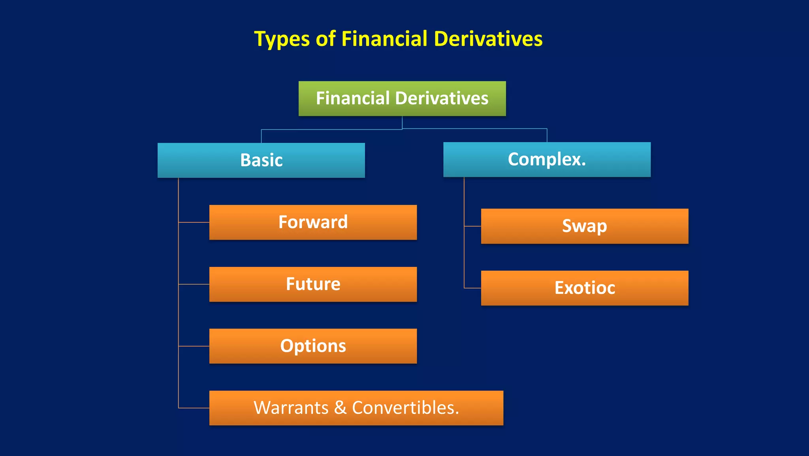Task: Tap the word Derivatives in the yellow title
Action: [x=488, y=39]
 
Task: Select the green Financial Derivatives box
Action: [x=402, y=99]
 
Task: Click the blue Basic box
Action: [x=261, y=160]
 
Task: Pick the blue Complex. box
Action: [x=547, y=160]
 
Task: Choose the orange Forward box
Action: [x=313, y=222]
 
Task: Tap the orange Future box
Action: [x=313, y=284]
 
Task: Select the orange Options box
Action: [x=313, y=346]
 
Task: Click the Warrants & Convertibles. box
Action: [x=356, y=408]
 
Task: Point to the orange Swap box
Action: [x=584, y=226]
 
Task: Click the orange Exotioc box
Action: [x=584, y=288]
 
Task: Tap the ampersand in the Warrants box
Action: [x=340, y=408]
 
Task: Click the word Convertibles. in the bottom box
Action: [x=405, y=408]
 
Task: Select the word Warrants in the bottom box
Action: [x=291, y=408]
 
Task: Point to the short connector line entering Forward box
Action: [x=194, y=222]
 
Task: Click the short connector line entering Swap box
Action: [x=472, y=226]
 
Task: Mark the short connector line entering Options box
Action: [x=194, y=346]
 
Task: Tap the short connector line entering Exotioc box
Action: [x=472, y=288]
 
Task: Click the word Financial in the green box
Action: [x=352, y=98]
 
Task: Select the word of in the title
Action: [x=325, y=39]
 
